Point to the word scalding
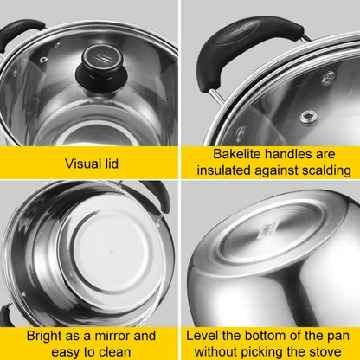pyautogui.click(x=326, y=170)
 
